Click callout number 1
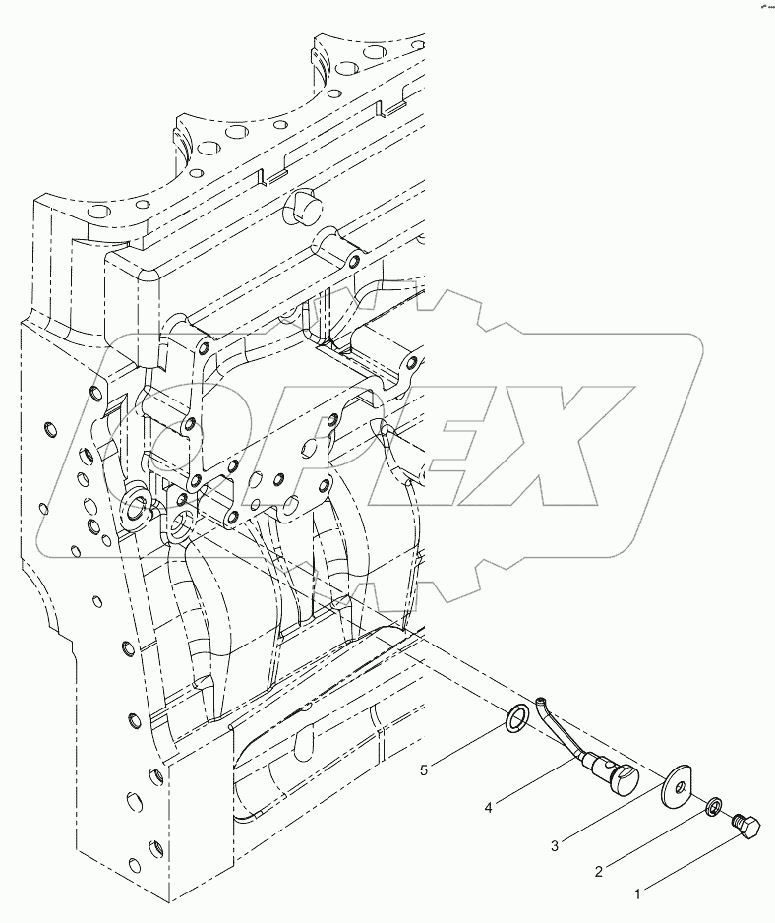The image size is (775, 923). (x=637, y=894)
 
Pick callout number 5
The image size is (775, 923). (x=424, y=770)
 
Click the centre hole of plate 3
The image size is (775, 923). (x=675, y=784)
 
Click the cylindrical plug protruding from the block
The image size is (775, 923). (x=304, y=210)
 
